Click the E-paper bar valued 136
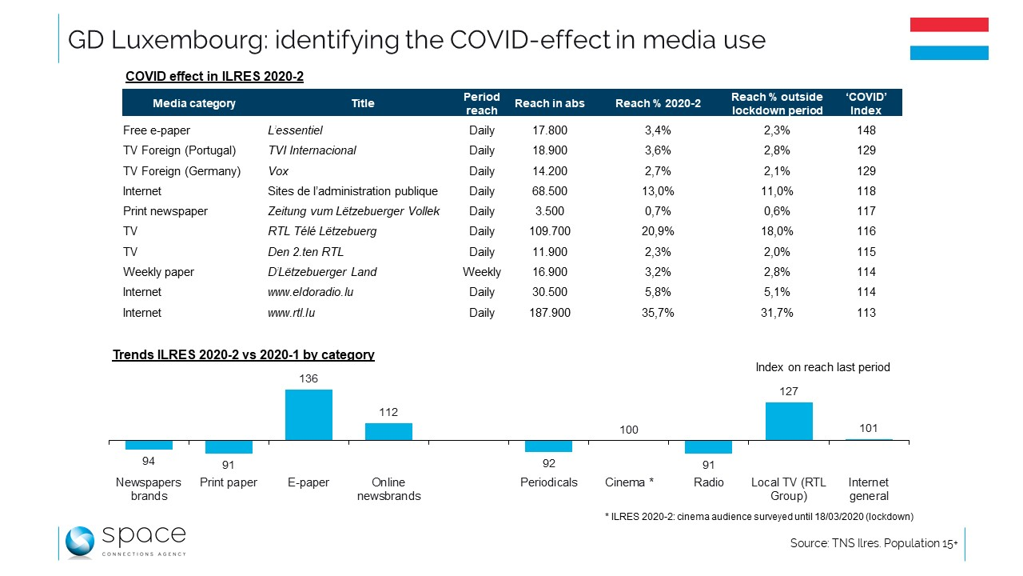[x=308, y=414]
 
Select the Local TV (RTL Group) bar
[x=789, y=421]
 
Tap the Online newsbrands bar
[x=388, y=431]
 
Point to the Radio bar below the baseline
[x=708, y=446]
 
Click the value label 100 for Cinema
[x=629, y=430]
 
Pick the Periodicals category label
[x=548, y=482]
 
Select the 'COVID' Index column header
[x=865, y=102]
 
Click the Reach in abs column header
[x=550, y=103]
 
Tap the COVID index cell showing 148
[x=865, y=130]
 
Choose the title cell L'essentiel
[x=295, y=130]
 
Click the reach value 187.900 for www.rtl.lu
[x=550, y=313]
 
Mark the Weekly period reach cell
[x=482, y=272]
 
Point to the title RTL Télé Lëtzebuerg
[x=322, y=231]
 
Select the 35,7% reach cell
[x=658, y=313]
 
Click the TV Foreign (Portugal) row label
[x=179, y=150]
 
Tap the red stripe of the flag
[x=949, y=24]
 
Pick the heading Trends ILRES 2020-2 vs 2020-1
[x=243, y=354]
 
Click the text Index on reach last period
[x=822, y=367]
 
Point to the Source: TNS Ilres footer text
[x=874, y=543]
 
